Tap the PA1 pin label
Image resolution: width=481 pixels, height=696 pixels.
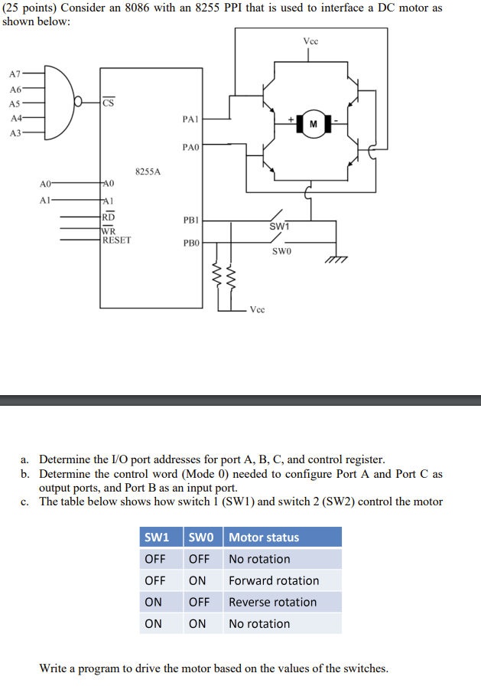[191, 119]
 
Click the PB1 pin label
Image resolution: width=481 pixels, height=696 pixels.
[191, 220]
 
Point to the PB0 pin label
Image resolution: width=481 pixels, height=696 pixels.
[191, 243]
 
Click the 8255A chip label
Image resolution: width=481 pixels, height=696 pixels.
[148, 172]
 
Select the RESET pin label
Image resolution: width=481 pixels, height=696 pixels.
[116, 240]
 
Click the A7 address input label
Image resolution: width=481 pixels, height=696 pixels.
[15, 74]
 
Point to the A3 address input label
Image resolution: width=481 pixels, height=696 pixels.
[15, 132]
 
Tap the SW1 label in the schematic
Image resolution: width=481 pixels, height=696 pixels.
[279, 227]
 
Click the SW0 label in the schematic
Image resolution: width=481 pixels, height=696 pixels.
[282, 251]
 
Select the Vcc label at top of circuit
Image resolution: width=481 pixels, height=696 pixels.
[310, 41]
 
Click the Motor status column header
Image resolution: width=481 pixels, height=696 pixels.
[264, 538]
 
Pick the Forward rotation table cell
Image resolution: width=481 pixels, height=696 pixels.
[274, 580]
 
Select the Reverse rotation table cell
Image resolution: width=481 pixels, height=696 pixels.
[272, 602]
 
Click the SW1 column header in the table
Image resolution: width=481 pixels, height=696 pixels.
[157, 538]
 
